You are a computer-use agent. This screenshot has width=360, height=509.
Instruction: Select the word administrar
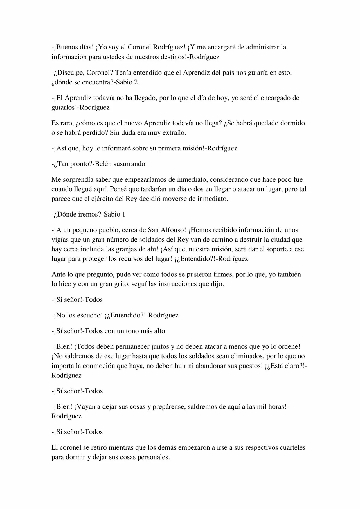(263, 47)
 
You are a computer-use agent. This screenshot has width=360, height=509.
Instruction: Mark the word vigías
(60, 240)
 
